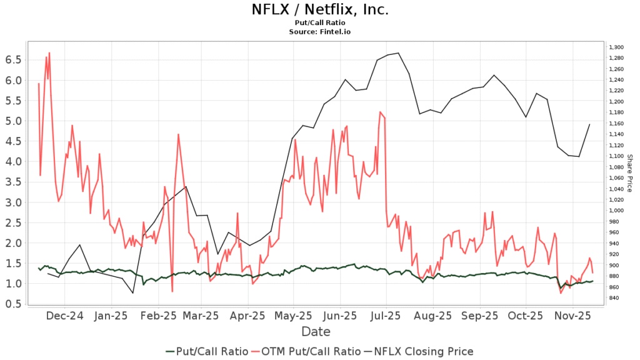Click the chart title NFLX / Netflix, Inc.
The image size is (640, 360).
[x=319, y=9]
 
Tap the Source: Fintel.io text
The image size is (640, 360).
[x=319, y=31]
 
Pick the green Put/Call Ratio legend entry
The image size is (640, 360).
[x=207, y=351]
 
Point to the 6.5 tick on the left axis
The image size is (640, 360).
[x=14, y=59]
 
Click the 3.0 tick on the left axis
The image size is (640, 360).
[x=14, y=202]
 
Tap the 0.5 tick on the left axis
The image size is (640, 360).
[x=14, y=304]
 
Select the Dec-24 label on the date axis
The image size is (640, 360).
[x=66, y=317]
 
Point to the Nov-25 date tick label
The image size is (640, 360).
[x=573, y=317]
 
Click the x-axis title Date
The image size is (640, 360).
[x=316, y=331]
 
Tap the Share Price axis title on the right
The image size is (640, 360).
[x=629, y=172]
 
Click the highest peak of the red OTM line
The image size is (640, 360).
[x=49, y=53]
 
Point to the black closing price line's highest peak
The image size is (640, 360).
[x=398, y=53]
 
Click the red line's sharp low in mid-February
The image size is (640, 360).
[x=172, y=291]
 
